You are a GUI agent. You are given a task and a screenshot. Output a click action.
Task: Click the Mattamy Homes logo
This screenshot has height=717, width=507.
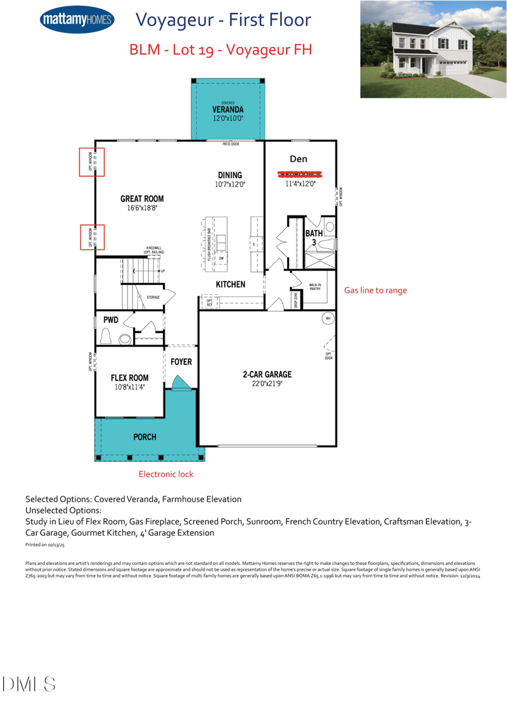(x=76, y=20)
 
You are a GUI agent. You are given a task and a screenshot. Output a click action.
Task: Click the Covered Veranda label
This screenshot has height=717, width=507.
(x=228, y=110)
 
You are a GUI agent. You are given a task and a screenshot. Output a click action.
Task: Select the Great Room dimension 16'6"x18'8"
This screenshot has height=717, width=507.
(x=142, y=207)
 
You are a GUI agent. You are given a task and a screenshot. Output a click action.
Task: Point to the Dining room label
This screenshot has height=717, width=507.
(x=229, y=175)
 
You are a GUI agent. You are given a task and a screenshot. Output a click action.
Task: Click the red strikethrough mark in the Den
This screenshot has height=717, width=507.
(x=300, y=174)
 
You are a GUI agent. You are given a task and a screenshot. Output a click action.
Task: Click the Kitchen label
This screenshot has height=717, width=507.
(x=231, y=284)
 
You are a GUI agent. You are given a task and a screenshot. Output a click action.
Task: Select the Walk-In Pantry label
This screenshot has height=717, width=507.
(x=314, y=288)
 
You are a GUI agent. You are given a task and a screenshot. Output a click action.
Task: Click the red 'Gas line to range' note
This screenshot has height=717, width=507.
(x=375, y=290)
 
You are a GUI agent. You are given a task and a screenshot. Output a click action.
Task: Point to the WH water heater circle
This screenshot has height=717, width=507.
(x=328, y=318)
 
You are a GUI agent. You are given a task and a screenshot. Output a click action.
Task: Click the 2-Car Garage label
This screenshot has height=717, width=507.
(x=267, y=374)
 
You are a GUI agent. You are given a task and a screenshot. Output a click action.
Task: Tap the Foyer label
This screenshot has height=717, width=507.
(x=181, y=362)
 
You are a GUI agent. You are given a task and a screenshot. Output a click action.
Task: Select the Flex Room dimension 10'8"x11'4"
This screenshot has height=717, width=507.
(x=130, y=386)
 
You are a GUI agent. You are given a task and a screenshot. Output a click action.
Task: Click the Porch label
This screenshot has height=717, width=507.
(x=144, y=437)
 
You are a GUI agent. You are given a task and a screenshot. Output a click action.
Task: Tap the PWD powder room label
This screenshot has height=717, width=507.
(x=111, y=320)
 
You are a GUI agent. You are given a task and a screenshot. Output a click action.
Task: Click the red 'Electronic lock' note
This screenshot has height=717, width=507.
(x=166, y=474)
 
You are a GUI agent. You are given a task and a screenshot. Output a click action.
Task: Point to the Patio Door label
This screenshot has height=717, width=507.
(x=231, y=144)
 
